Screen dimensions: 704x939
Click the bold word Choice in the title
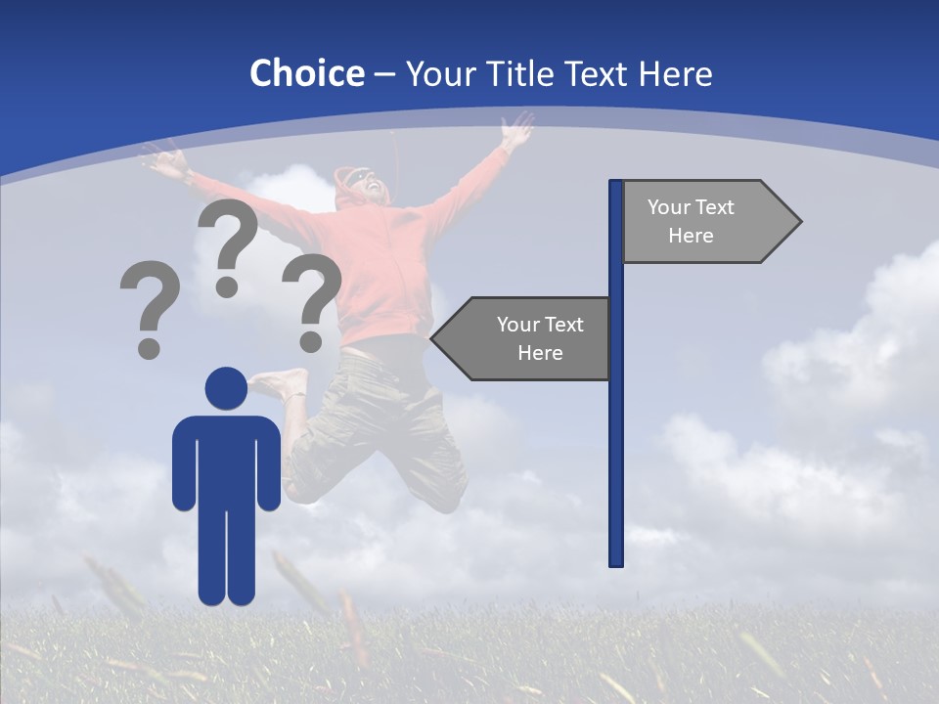[x=306, y=73]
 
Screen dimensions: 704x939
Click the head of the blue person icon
[x=226, y=388]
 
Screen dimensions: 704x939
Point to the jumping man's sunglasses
[x=364, y=179]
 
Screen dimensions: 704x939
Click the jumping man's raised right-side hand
[x=517, y=128]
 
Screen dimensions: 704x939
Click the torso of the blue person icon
[x=226, y=460]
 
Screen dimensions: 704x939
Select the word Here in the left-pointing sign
[x=540, y=353]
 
